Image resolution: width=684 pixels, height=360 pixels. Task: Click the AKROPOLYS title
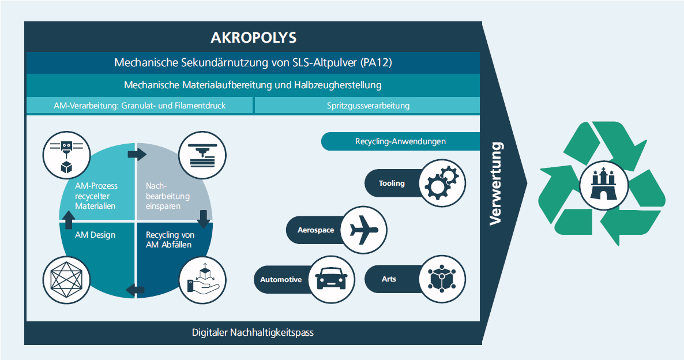click(254, 38)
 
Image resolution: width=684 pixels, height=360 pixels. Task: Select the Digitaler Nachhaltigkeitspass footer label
click(253, 333)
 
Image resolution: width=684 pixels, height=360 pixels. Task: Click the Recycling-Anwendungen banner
click(400, 141)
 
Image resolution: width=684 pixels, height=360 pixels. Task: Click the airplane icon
click(364, 229)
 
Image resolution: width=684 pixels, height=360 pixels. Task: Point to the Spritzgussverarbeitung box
click(368, 106)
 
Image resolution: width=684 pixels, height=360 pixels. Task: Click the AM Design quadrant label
click(95, 235)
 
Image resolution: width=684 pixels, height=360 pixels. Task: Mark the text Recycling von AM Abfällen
click(170, 240)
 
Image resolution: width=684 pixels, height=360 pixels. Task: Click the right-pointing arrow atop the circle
click(137, 154)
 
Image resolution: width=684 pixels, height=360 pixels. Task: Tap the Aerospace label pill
click(316, 230)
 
